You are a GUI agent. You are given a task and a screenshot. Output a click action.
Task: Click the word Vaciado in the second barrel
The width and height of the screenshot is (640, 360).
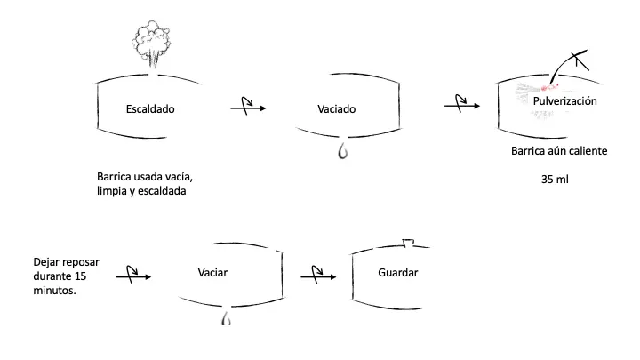pos(337,109)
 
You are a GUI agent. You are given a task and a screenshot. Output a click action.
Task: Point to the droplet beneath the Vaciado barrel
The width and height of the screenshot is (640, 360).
pos(341,151)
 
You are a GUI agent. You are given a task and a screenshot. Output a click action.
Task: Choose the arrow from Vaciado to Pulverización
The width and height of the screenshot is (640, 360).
pos(462,106)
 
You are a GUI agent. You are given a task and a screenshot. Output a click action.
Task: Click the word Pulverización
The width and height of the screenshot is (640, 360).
pos(564,101)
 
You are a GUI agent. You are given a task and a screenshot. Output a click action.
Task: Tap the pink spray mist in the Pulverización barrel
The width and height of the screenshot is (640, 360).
pos(534,89)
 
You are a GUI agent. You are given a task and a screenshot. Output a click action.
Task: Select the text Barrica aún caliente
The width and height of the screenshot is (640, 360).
pos(558,150)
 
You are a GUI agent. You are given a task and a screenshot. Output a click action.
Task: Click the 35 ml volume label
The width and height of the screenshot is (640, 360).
pos(556,179)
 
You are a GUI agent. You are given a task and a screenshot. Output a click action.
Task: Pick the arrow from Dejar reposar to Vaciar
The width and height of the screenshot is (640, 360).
pos(132,276)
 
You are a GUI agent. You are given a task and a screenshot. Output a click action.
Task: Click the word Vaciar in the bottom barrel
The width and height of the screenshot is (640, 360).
pos(213,271)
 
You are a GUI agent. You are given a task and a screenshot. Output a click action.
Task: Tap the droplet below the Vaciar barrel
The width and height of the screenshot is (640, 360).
pos(226,316)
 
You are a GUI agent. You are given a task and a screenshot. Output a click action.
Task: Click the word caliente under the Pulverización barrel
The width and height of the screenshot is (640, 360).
pos(587,150)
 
